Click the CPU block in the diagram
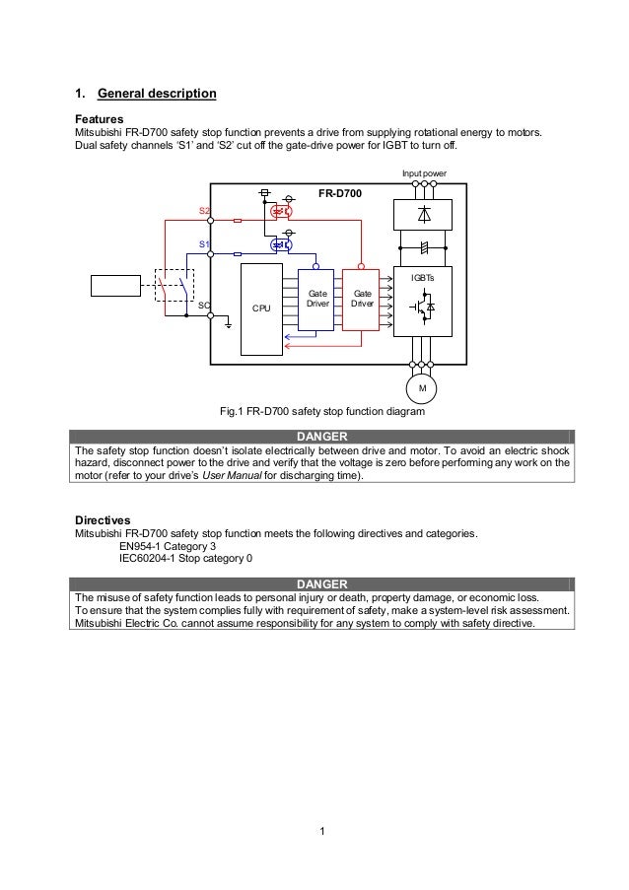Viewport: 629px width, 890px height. [261, 308]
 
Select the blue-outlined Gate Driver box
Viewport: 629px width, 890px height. [317, 300]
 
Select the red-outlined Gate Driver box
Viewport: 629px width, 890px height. [362, 300]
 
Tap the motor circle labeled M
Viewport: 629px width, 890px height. [423, 388]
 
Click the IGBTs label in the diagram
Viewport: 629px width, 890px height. [423, 279]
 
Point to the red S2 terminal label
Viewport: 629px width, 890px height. [204, 211]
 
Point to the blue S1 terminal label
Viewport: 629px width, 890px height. [204, 242]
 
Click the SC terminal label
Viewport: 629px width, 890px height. [203, 306]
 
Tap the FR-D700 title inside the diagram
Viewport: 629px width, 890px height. [339, 194]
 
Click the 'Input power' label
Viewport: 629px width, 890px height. [423, 173]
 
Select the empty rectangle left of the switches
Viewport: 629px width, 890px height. [116, 285]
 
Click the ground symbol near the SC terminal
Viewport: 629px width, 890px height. [229, 324]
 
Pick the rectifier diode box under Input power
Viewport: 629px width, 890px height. [423, 214]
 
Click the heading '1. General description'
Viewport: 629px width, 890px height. [146, 95]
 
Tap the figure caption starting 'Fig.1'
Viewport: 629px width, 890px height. [321, 412]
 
